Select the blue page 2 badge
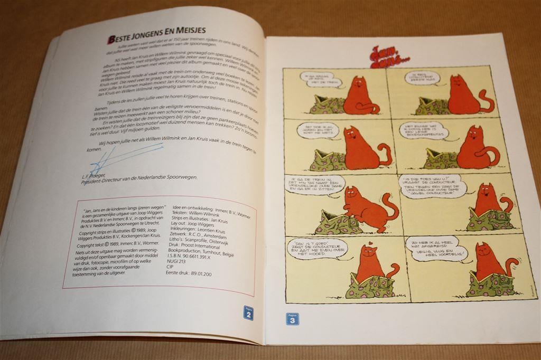[x=248, y=313]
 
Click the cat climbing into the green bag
[x=365, y=209]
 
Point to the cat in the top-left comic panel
[x=360, y=95]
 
